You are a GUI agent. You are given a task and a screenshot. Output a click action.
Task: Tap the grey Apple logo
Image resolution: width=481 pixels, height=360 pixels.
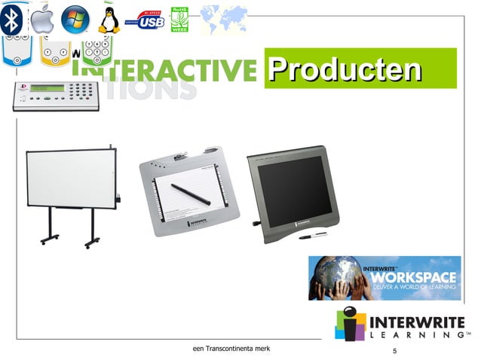pos(43,19)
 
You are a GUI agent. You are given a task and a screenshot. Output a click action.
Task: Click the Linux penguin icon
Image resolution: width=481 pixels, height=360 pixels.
pos(109,20)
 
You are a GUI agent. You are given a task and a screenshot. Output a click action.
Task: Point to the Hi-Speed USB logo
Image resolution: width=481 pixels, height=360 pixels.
pos(145,20)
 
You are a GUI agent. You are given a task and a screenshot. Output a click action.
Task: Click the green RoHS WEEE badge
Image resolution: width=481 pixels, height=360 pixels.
pos(180,19)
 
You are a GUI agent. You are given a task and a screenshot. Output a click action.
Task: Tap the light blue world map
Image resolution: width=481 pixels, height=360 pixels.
pos(224,19)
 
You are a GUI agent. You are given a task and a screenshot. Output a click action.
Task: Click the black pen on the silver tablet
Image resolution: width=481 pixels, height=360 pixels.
pos(190,193)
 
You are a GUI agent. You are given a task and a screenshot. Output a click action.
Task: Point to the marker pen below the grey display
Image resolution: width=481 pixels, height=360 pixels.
pos(312,235)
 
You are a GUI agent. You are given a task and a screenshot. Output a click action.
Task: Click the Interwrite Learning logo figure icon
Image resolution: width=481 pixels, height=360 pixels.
pos(349,323)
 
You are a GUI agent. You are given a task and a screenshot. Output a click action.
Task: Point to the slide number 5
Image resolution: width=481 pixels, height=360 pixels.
pos(394,351)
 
